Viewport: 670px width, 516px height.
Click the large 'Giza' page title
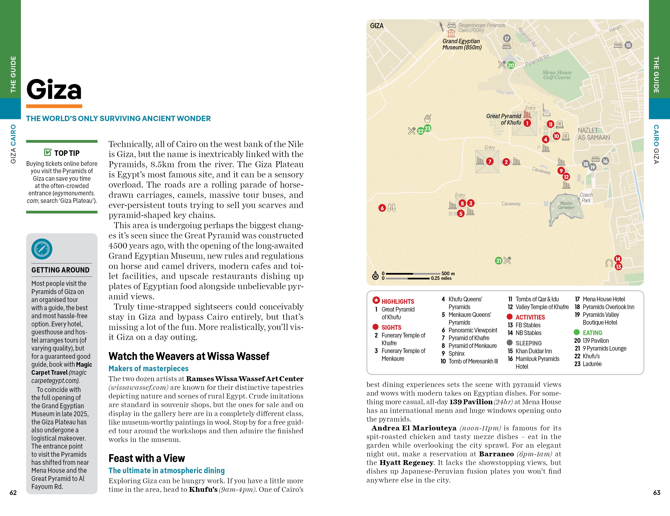[54, 90]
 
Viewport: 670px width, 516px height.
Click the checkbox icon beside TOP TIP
[48, 152]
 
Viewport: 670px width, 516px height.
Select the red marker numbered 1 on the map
[527, 123]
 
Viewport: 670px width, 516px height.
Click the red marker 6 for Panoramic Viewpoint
[382, 208]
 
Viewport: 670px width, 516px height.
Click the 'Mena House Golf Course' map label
[557, 75]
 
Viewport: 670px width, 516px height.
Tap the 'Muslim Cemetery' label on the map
[566, 205]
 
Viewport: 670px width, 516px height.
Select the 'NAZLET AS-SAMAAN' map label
[594, 134]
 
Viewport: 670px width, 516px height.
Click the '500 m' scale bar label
[448, 273]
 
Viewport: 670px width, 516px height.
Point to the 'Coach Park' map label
[586, 197]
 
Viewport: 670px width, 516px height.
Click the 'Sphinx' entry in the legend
[456, 353]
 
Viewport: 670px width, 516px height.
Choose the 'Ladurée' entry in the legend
[592, 364]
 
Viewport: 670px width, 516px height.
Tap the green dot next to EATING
[577, 332]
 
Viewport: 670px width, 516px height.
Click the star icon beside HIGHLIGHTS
[376, 300]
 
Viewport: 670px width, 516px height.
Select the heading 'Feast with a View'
[147, 458]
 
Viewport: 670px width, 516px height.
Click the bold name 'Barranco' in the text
[496, 454]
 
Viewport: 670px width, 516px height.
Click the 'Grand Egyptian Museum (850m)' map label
[462, 44]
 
